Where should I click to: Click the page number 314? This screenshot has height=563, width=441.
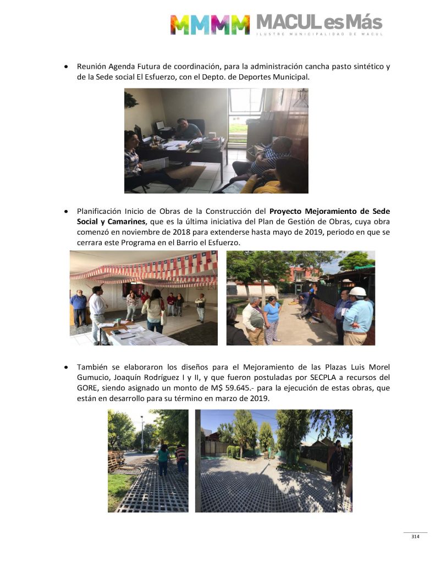415,537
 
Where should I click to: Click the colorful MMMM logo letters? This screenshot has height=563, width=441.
210,24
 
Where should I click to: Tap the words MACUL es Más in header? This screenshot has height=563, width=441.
319,22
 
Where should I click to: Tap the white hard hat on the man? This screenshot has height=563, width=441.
357,292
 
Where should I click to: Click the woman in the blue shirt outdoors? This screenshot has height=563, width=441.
272,319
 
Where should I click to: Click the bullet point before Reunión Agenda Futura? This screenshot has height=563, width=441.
67,67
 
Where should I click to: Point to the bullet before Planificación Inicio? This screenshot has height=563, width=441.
67,211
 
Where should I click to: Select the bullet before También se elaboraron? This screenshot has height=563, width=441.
67,367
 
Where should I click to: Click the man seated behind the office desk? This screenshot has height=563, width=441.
188,130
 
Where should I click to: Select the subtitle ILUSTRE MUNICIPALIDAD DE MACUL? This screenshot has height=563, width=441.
319,34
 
